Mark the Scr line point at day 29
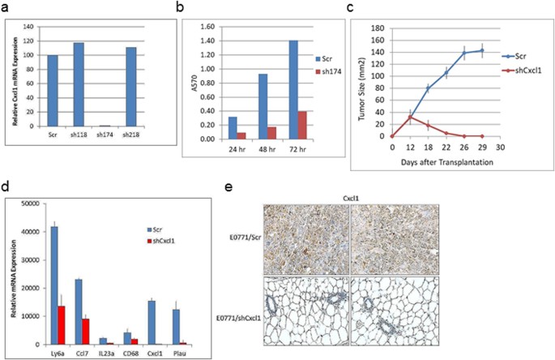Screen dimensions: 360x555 pos(482,50)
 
